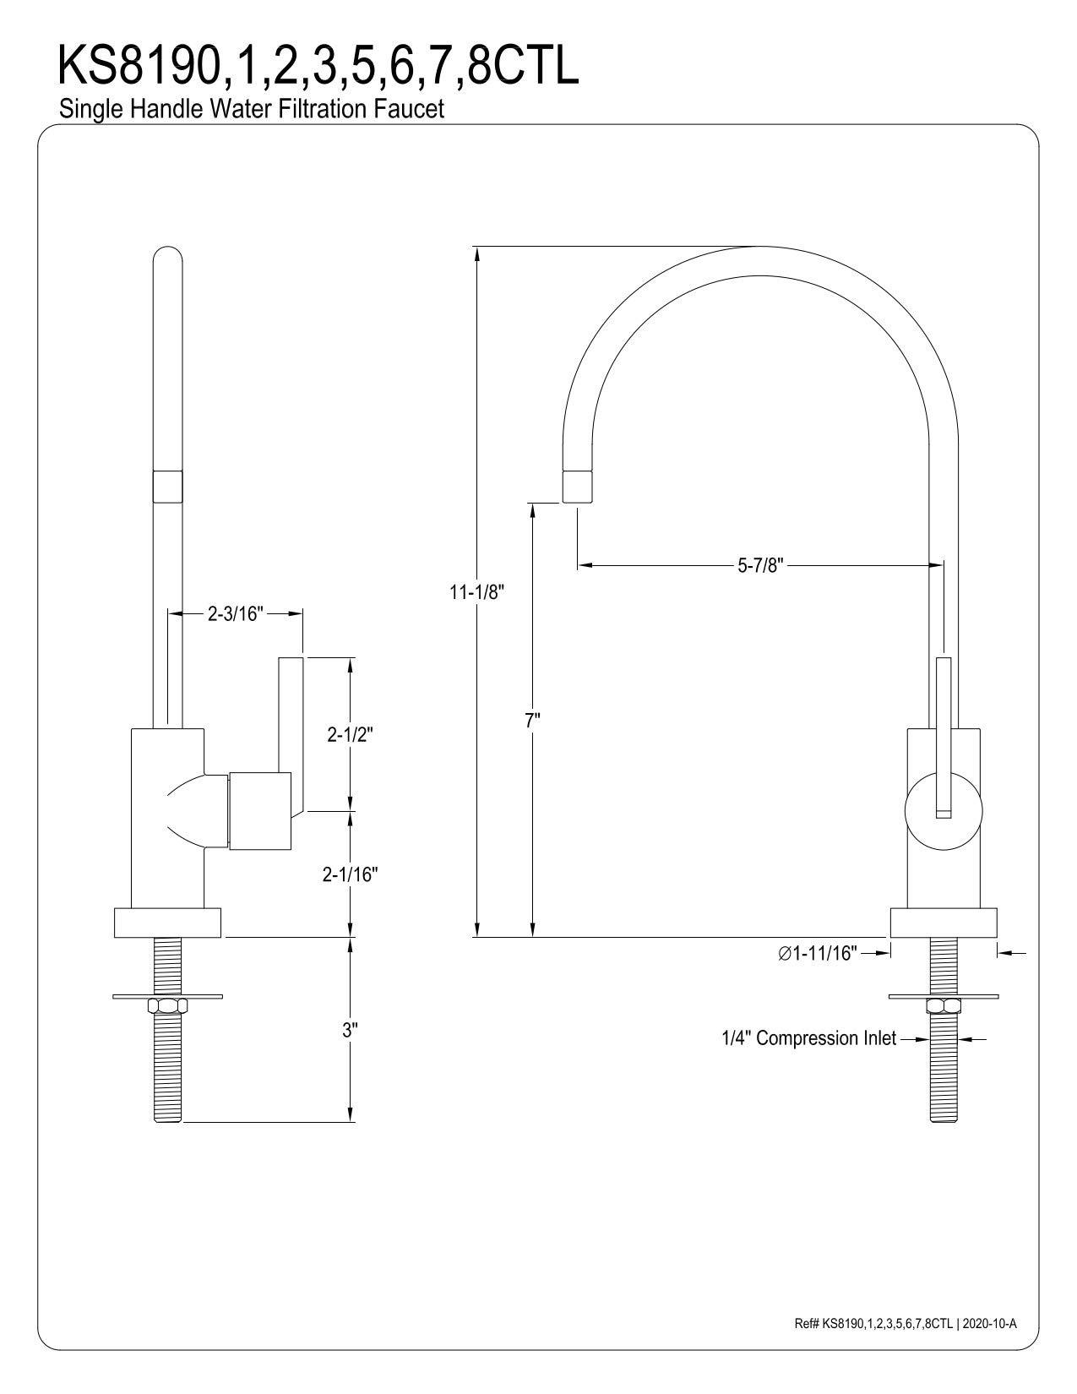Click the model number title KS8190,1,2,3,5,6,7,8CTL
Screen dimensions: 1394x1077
point(318,67)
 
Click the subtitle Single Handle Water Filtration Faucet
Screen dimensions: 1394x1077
point(251,109)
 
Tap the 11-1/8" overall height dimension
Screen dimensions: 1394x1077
point(476,591)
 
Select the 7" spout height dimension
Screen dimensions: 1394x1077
point(531,720)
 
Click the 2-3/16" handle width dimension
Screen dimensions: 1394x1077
point(236,613)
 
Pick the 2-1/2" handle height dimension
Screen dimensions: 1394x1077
point(351,734)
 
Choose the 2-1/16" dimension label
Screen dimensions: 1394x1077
point(349,874)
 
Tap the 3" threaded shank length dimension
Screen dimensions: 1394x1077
point(350,1030)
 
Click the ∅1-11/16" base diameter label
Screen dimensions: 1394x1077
point(817,953)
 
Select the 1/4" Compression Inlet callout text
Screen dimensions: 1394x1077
point(808,1038)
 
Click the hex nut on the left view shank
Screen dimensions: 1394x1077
point(167,1005)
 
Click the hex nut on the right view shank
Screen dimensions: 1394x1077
point(944,1005)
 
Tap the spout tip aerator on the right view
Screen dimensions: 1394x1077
point(577,487)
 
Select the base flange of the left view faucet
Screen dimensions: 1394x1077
point(167,923)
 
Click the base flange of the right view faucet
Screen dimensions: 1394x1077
point(944,923)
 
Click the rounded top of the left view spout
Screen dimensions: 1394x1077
point(167,258)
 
